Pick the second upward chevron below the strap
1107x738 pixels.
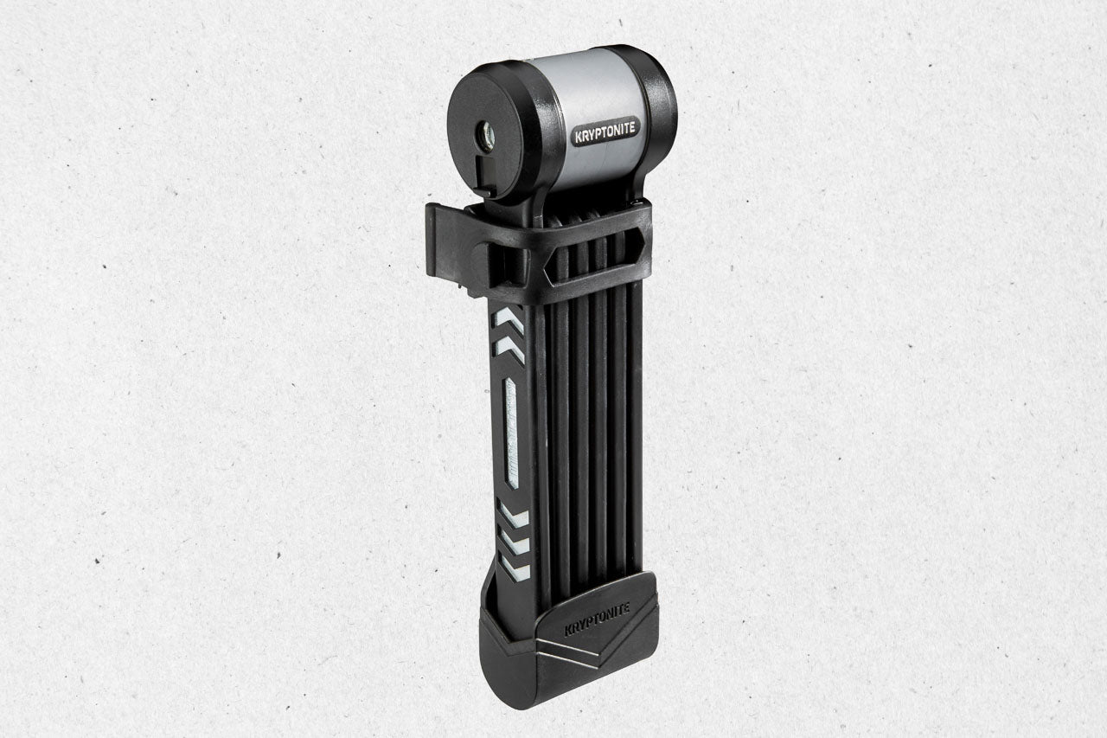click(x=510, y=349)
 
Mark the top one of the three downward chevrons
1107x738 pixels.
click(x=513, y=513)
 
